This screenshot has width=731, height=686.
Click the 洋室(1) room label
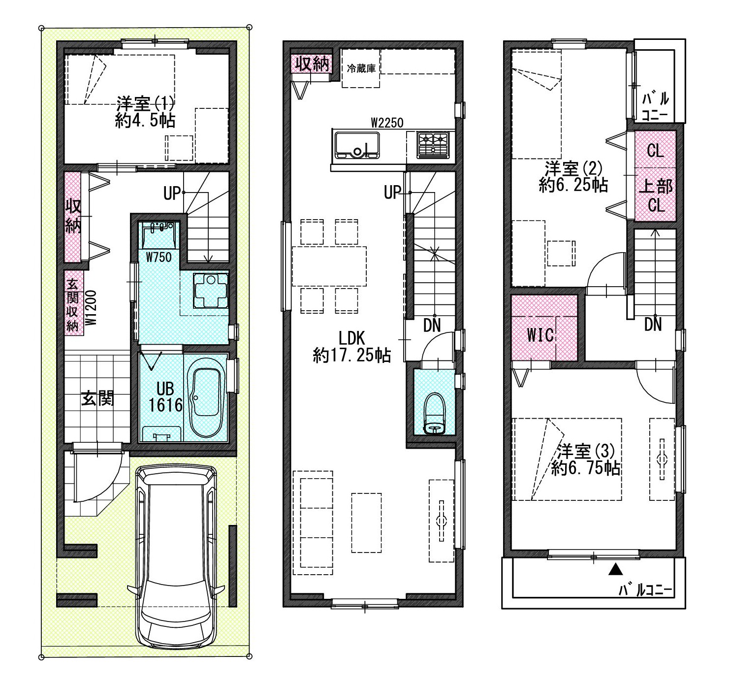pos(145,103)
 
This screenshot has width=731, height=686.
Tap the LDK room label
pos(351,337)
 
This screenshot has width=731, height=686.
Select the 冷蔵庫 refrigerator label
pos(361,68)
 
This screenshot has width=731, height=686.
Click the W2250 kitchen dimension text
pos(387,123)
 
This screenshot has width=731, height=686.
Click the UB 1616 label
pos(165,397)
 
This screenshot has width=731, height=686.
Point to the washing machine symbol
pos(211,291)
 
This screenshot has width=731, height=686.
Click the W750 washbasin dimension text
pos(159,257)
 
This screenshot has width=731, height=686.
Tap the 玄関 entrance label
pos(97,398)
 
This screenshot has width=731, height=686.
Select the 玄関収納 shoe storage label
pos(72,305)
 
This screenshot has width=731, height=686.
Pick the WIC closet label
pos(540,335)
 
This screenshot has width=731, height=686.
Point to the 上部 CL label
pos(656,196)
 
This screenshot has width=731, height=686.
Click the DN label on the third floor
pos(653,325)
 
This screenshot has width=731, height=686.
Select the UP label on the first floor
pos(172,193)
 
